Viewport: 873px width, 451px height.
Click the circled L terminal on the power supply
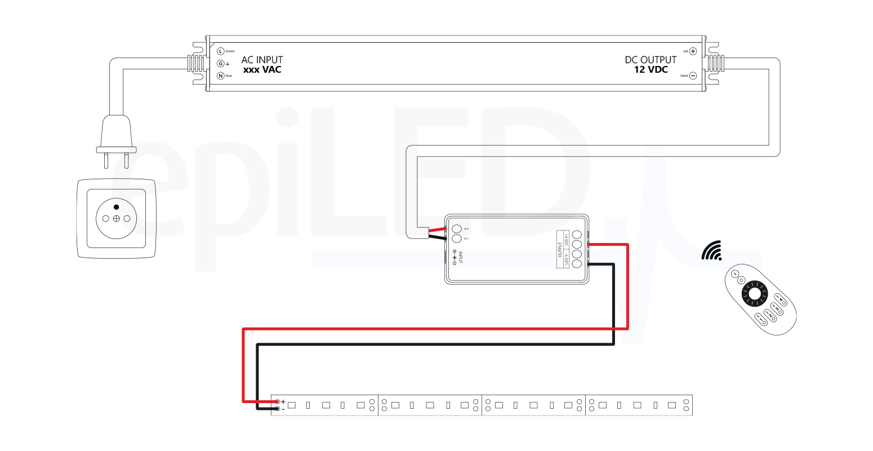(221, 51)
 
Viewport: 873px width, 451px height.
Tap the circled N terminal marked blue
(221, 76)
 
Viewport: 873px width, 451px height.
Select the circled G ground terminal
(221, 64)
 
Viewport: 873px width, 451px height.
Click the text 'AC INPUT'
(262, 60)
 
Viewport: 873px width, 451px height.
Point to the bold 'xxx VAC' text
(262, 70)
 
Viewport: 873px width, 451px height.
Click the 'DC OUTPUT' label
(651, 60)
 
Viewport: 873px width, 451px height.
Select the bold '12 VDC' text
(651, 70)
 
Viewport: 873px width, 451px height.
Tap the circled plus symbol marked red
(693, 51)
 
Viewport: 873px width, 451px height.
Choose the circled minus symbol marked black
(693, 76)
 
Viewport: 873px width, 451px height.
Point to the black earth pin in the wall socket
(117, 207)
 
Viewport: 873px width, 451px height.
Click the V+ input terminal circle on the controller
(457, 228)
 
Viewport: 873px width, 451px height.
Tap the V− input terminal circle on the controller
(457, 238)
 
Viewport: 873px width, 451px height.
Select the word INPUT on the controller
(461, 257)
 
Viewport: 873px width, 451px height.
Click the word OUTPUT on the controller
(560, 249)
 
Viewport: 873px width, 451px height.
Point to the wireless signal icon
(712, 251)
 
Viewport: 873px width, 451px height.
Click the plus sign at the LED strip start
(283, 402)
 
